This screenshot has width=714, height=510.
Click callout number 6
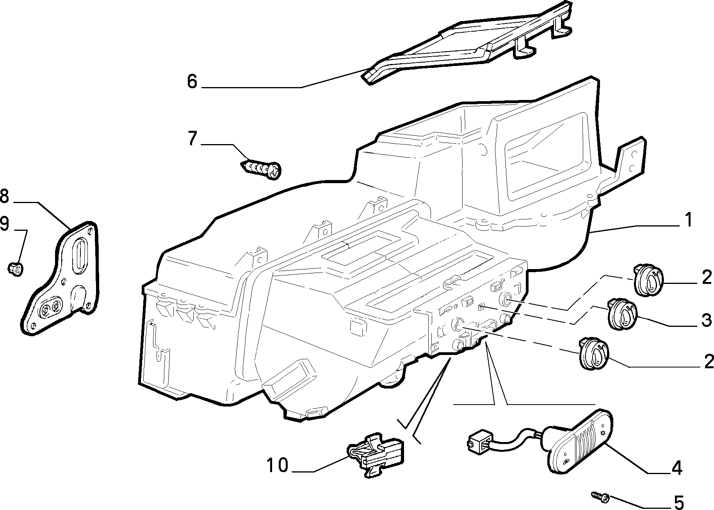click(192, 82)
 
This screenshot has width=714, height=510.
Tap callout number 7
click(192, 139)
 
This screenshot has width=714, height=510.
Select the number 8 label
click(4, 196)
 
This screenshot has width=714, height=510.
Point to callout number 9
click(4, 225)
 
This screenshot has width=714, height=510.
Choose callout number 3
click(707, 320)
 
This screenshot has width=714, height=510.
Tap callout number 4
click(677, 468)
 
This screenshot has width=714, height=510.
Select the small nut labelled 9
click(16, 268)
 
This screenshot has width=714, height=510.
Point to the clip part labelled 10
click(376, 454)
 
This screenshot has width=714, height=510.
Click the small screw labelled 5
click(601, 496)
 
